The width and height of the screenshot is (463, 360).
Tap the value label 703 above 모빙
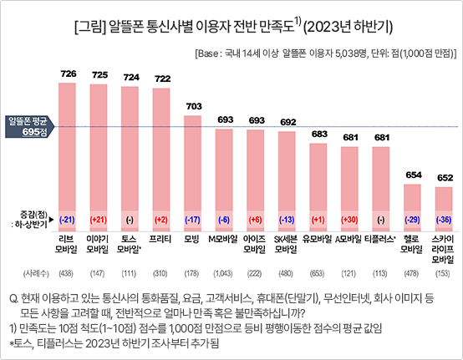pos(193,106)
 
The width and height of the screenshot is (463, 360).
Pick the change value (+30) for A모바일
pos(350,220)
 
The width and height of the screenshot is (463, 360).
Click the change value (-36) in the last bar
pos(445,220)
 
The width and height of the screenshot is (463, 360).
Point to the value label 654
pos(414,175)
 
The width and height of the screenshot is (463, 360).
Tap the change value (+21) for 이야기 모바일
pos(99,220)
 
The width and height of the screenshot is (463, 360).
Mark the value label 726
pos(68,74)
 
